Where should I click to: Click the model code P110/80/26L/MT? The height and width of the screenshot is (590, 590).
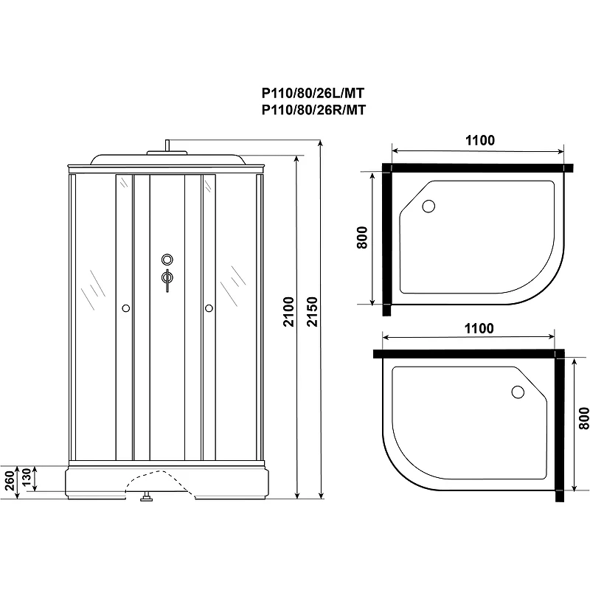click(x=313, y=93)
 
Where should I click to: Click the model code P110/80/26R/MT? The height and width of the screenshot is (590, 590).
click(x=313, y=110)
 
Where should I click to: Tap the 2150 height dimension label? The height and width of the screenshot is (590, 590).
click(x=312, y=311)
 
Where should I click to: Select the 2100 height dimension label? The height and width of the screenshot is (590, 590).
click(x=288, y=311)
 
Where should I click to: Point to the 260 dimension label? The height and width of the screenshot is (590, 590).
click(x=9, y=480)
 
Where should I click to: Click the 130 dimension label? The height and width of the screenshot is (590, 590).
click(x=26, y=477)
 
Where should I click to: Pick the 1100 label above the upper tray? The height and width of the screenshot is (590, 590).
click(x=480, y=140)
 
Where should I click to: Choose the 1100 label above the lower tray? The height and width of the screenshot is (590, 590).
click(x=479, y=328)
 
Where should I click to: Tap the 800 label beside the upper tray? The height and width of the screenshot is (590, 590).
click(x=361, y=237)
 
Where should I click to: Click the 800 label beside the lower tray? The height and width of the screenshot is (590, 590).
click(x=583, y=418)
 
